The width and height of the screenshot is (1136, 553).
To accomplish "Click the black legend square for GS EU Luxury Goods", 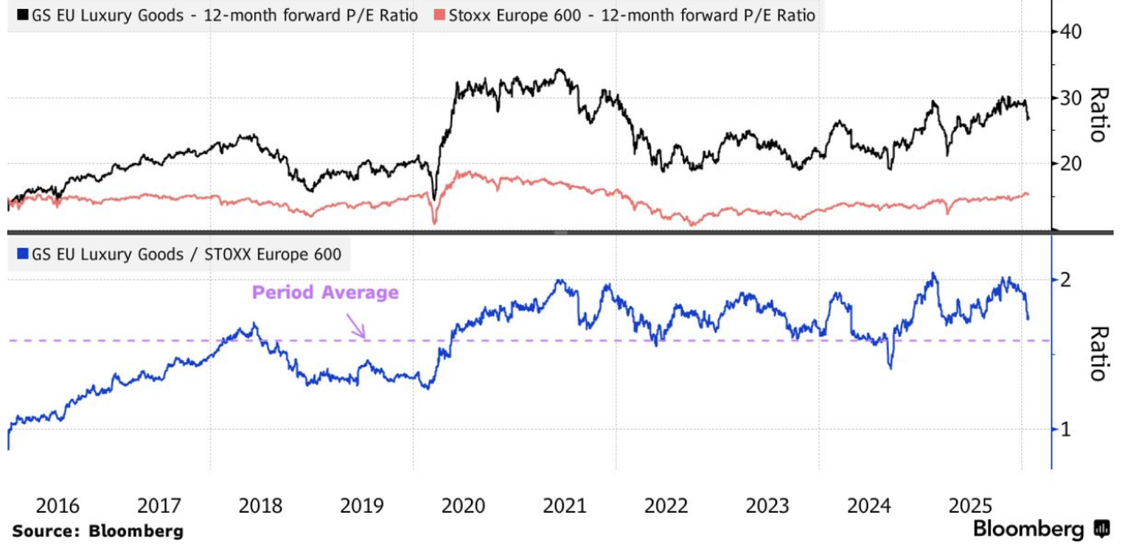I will pos(23,14).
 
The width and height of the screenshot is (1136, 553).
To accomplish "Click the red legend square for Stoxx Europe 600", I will pos(438,14).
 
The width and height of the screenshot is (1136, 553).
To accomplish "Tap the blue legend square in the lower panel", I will pos(23,253).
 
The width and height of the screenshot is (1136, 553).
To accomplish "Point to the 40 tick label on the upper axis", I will pos(1070,32).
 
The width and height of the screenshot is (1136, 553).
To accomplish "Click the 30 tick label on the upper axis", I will pos(1070,98).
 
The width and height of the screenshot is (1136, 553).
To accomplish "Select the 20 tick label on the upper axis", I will pos(1070,164).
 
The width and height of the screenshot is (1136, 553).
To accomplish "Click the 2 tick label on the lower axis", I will pos(1065,280).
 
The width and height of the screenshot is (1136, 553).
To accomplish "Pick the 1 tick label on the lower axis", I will pos(1065,430).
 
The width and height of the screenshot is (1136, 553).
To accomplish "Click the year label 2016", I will pos(57,505).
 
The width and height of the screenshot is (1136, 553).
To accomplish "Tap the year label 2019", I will pos(362,505).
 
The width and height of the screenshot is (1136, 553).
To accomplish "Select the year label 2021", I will pos(565,505).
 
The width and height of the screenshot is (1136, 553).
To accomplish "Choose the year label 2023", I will pos(767,505).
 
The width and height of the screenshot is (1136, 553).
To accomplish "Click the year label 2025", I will pos(970,505).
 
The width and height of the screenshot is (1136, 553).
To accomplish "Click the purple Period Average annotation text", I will pos(325,292).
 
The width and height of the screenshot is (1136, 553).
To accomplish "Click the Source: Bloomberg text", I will pos(98,531).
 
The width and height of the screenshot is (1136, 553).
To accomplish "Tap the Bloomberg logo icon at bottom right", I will pos(1102,529).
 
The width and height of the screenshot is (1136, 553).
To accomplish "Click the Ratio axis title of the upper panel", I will pos(1099,115).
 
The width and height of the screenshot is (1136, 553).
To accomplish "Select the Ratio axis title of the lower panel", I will pos(1099,353).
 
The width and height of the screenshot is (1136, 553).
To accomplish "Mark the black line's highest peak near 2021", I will pos(561,70).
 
